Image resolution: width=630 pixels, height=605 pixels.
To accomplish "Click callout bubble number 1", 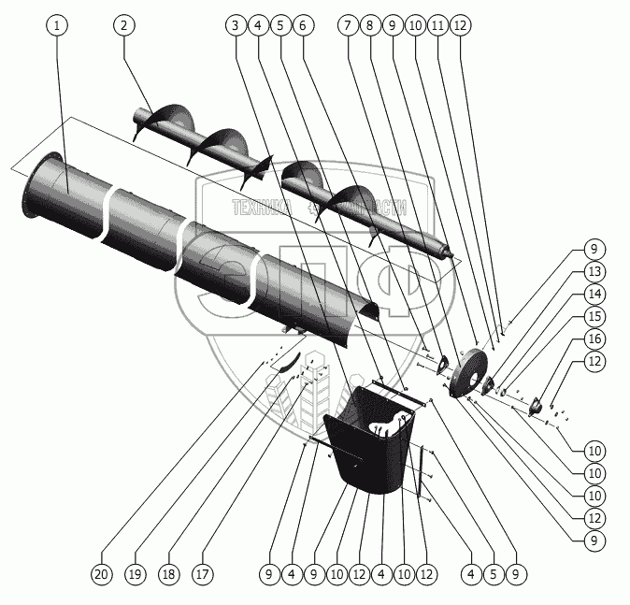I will (58, 25).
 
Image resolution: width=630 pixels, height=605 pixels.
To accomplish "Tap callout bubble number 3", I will (233, 25).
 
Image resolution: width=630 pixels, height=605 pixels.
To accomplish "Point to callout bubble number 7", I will (349, 25).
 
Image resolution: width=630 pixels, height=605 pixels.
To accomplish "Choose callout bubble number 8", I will (371, 25).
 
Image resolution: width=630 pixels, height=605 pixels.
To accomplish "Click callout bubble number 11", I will (437, 25).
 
